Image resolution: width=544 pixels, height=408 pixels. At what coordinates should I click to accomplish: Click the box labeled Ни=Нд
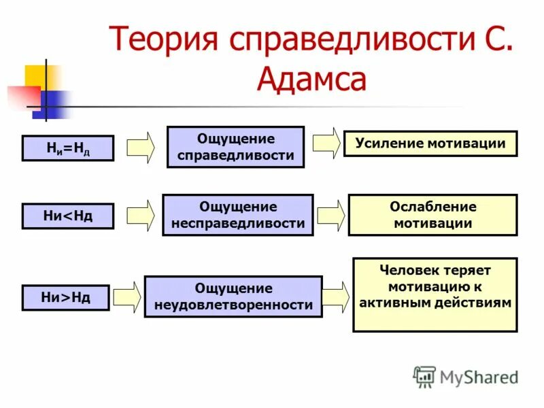click(67, 148)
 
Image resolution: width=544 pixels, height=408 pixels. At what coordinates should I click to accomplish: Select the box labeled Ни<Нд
click(67, 216)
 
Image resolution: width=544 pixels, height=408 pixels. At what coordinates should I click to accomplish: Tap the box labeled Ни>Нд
click(65, 297)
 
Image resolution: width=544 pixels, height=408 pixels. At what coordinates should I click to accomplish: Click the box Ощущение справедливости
click(235, 147)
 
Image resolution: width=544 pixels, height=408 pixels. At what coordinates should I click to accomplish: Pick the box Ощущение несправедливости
click(237, 215)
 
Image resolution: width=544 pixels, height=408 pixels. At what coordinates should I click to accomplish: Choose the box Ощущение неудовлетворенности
click(233, 296)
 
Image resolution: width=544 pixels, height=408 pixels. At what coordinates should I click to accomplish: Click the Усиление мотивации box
click(430, 143)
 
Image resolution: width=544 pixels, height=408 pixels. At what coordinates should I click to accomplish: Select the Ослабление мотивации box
click(432, 215)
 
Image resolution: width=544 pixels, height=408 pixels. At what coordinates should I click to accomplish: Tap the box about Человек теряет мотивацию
click(435, 294)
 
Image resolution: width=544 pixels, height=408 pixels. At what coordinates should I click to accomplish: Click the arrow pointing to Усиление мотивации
click(327, 143)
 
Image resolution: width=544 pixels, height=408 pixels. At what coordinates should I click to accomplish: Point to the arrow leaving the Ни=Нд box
click(141, 148)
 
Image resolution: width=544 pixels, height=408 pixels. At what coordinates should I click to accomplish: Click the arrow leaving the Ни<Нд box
click(141, 216)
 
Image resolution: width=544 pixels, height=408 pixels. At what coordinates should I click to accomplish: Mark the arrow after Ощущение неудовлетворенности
click(336, 296)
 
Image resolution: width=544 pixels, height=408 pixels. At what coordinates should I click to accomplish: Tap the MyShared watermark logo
click(466, 376)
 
